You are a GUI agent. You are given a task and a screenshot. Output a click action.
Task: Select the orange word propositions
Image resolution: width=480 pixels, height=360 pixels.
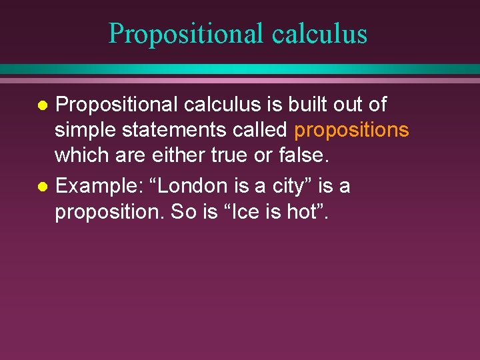tap(351, 130)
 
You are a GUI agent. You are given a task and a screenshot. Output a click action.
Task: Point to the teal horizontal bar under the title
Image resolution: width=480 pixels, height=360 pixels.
tap(240, 69)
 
